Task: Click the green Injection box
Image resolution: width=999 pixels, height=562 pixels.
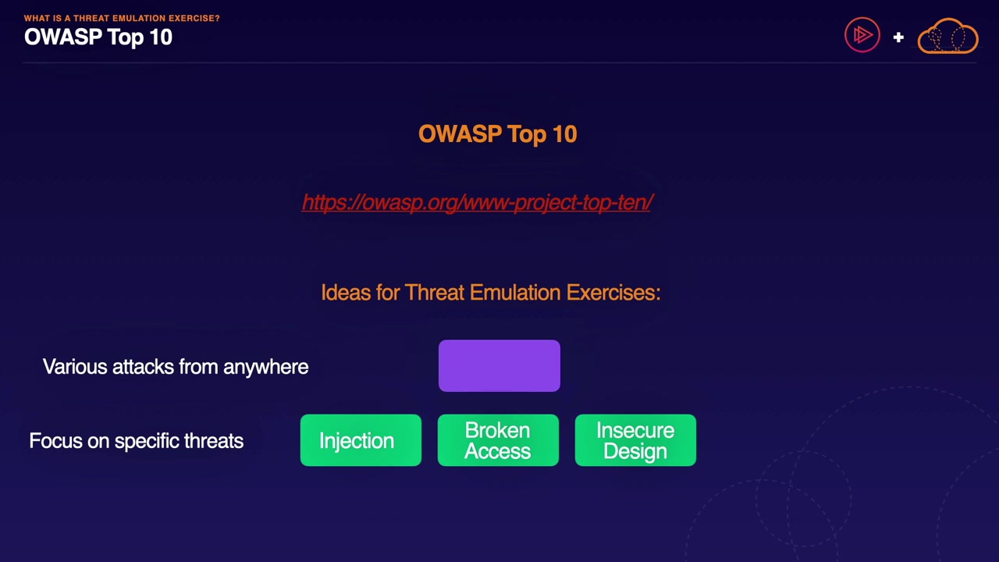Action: point(361,440)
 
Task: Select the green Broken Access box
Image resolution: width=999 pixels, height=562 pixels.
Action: point(498,440)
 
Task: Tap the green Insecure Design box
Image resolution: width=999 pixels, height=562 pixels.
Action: point(635,440)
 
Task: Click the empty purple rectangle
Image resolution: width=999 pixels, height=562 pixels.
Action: point(499,366)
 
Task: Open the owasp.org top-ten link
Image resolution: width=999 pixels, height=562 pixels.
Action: point(478,202)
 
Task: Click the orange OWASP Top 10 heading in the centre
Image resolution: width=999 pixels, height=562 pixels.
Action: point(498,133)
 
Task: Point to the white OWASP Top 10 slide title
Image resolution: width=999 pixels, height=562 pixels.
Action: point(98,37)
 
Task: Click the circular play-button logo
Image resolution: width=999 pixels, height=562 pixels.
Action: point(862,35)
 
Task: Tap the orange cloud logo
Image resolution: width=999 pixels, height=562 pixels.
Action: point(948,36)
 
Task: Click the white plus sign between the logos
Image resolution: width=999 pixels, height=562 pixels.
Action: point(898,37)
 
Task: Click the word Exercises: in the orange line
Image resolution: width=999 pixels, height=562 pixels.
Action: point(613,293)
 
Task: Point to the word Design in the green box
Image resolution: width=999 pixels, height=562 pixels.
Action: point(635,451)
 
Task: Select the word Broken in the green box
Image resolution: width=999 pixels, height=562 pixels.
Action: point(498,430)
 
